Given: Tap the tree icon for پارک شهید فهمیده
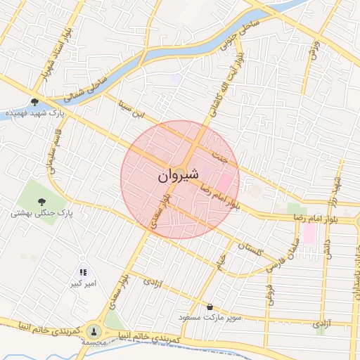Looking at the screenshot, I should click(x=34, y=102).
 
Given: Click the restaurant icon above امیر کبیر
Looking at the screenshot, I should click(x=83, y=272).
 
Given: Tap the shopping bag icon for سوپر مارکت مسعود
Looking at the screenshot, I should click(x=210, y=307).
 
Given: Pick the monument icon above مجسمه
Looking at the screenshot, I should click(x=94, y=330).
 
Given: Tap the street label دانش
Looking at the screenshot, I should click(x=326, y=251).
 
